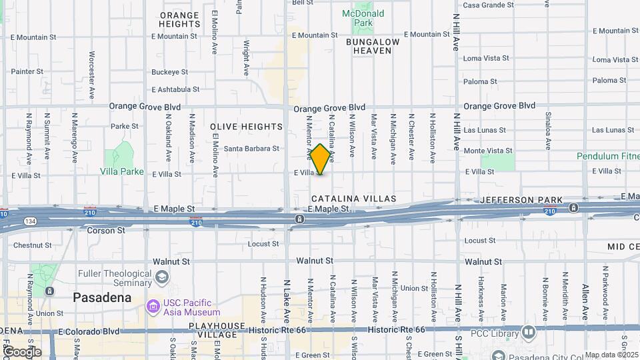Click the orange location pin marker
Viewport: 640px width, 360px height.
(x=321, y=159)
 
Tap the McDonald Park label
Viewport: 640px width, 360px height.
(x=363, y=18)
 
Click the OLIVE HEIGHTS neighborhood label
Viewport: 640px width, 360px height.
(x=246, y=127)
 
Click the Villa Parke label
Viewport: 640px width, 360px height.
(x=122, y=171)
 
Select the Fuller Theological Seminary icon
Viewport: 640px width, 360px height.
(x=161, y=277)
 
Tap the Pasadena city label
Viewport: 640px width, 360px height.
(x=102, y=297)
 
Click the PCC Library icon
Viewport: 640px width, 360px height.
(x=529, y=331)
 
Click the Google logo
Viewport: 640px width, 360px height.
(x=22, y=351)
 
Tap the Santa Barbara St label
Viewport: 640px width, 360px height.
(x=251, y=149)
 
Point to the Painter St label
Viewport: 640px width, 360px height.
(x=27, y=71)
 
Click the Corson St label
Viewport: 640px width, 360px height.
(x=106, y=230)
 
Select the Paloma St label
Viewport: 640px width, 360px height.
(x=609, y=81)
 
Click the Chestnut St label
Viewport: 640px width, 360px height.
(x=27, y=245)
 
